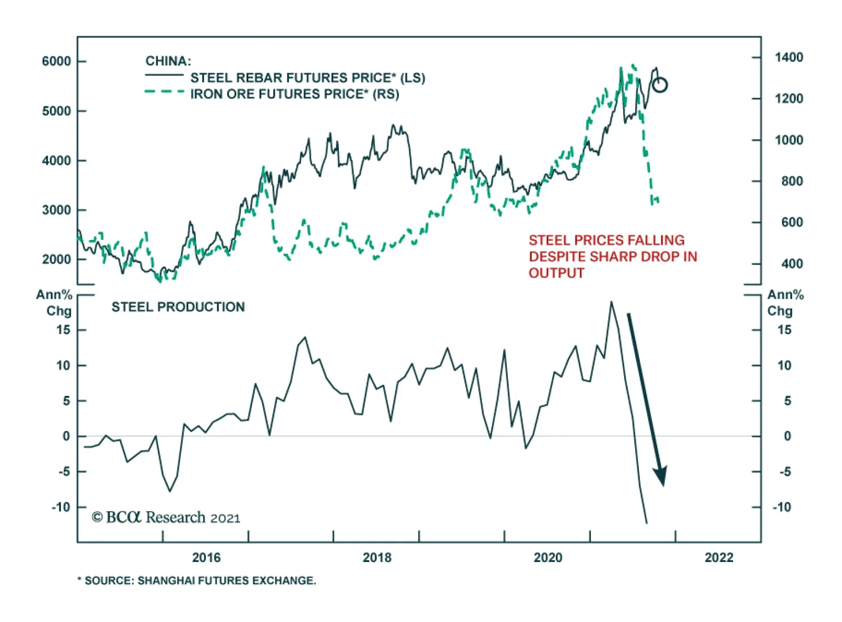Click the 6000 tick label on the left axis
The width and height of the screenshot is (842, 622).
click(56, 61)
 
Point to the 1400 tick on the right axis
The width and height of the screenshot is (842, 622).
click(788, 57)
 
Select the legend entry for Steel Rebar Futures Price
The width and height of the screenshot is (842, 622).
click(307, 78)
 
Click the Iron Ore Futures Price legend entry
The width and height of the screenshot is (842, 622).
click(294, 94)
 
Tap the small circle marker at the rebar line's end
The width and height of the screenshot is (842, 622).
click(660, 85)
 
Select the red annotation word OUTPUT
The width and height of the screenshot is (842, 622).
click(556, 273)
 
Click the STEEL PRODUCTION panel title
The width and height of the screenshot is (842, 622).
click(178, 307)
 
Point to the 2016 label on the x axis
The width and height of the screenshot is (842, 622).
click(206, 558)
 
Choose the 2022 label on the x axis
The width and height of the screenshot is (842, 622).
click(719, 558)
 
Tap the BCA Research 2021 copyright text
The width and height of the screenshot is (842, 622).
click(166, 518)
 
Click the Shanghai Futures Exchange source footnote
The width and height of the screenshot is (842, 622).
click(197, 580)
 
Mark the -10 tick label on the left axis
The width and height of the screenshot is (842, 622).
click(61, 507)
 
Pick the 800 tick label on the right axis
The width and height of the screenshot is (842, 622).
click(792, 181)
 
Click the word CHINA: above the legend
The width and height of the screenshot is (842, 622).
click(168, 61)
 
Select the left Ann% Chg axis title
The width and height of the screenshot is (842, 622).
click(54, 303)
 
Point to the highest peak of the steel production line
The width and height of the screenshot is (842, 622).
click(611, 302)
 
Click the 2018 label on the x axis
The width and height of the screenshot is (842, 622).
click(377, 558)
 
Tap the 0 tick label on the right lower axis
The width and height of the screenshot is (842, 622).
click(787, 436)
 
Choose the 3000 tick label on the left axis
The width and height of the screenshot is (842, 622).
click(56, 210)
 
